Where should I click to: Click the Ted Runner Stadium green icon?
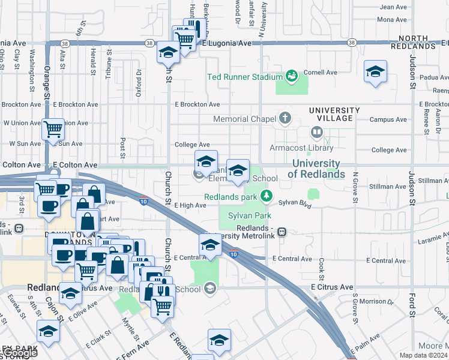pos(291,76)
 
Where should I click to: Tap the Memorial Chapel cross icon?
pos(285,118)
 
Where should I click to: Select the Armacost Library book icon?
pos(316,131)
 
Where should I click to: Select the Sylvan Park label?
pos(250,215)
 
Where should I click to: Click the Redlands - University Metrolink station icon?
pos(282,232)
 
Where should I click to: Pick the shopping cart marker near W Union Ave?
pos(53,128)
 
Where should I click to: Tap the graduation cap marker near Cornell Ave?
pos(375,73)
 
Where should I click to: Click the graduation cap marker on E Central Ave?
pos(209,245)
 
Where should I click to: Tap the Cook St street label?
pos(322,265)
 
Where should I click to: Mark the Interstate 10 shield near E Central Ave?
pos(234,253)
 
